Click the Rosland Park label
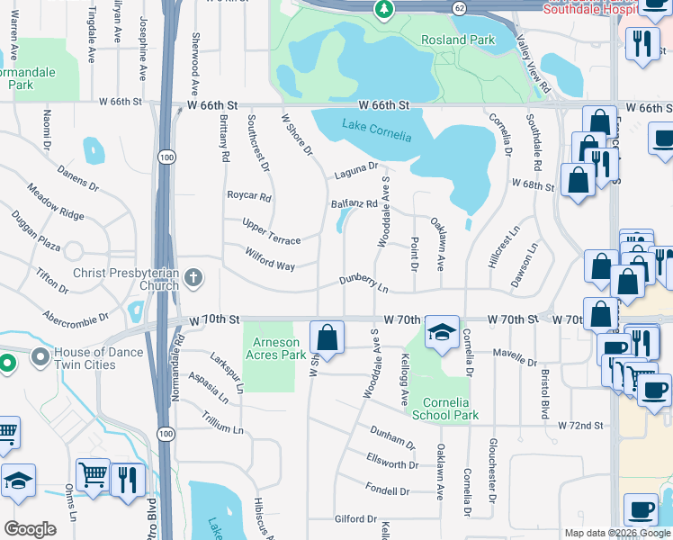coord(458,40)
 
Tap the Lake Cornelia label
coord(377,131)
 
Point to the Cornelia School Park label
coord(444,409)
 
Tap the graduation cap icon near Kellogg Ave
coord(442,332)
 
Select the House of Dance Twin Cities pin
coord(40,358)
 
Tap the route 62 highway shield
coord(459,7)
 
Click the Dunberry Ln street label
coord(363,284)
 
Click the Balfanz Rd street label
coord(354,203)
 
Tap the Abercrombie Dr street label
coord(76,317)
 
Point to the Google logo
coord(31,529)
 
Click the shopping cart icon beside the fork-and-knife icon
coord(94,474)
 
